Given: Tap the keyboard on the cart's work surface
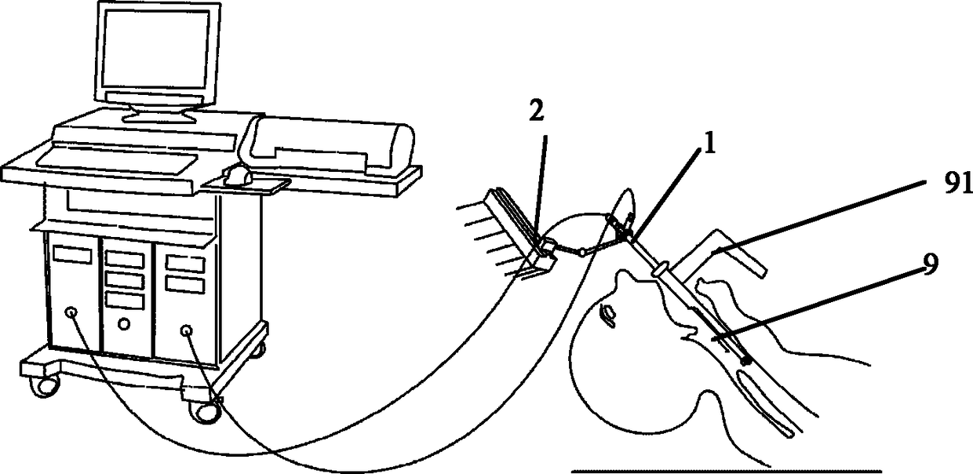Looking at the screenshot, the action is [x=115, y=162].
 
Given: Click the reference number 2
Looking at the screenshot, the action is [x=537, y=111].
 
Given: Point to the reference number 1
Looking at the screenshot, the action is [x=709, y=145].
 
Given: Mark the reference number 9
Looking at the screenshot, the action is [x=930, y=264].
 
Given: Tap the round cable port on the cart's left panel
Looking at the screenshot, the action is [x=71, y=312].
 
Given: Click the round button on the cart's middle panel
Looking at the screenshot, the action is [x=124, y=323].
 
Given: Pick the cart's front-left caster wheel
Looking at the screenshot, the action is [x=43, y=386].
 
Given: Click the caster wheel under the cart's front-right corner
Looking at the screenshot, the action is [x=204, y=410].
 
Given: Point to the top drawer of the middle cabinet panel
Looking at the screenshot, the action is [x=125, y=260].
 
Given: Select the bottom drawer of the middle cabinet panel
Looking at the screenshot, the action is [x=125, y=301].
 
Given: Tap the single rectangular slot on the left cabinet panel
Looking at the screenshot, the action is [x=72, y=254].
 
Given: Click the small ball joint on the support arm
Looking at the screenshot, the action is [x=583, y=252].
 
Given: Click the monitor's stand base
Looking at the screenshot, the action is [x=159, y=115].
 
